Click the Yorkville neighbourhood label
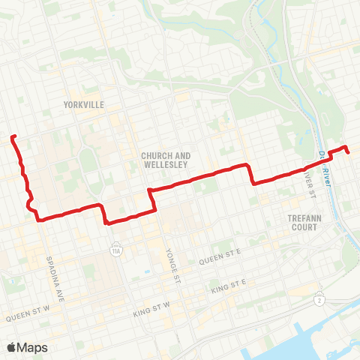coord(84,104)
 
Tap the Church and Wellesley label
coord(166,160)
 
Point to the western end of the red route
coord(13,136)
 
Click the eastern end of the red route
coord(349,152)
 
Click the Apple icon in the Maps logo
coord(11,347)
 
